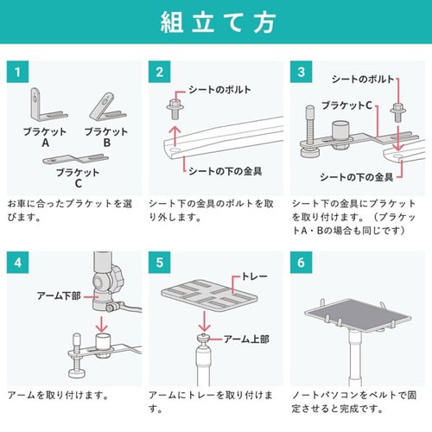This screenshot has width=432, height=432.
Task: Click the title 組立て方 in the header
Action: (x=215, y=23)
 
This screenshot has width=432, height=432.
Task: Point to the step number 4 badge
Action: (x=16, y=262)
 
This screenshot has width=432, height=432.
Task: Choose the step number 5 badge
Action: (x=158, y=262)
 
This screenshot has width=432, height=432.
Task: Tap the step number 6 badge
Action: (x=302, y=262)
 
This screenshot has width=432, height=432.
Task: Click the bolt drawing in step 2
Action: (x=171, y=110)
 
